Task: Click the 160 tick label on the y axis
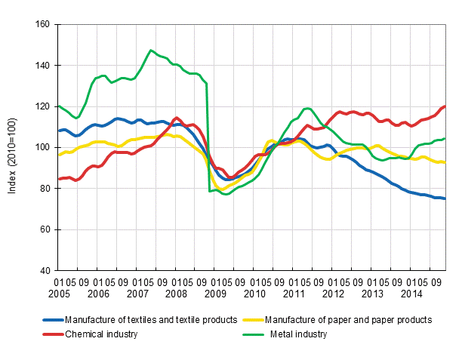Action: pos(42,25)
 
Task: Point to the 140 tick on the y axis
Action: pos(42,66)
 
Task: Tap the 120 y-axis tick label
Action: pos(42,106)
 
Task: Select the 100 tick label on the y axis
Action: pos(42,147)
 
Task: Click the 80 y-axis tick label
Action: pos(45,188)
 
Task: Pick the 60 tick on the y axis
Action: pos(45,229)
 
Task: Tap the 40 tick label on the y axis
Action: pos(45,270)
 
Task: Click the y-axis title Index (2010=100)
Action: pos(13,148)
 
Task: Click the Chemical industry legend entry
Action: pos(101,334)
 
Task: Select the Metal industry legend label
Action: pos(299,334)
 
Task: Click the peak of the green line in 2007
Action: pos(151,51)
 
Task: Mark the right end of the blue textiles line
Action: pos(445,198)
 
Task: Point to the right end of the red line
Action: pos(445,106)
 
